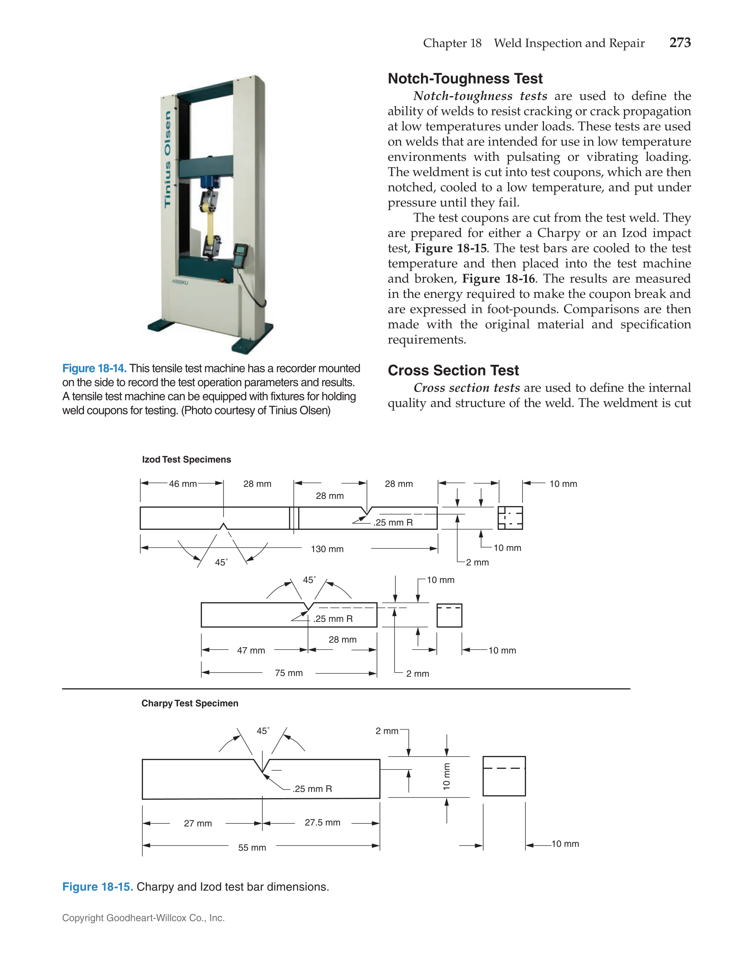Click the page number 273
click(x=680, y=42)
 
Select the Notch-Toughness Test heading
click(x=465, y=79)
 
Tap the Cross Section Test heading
click(x=453, y=370)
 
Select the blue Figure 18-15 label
click(x=97, y=887)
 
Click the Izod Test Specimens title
click(x=186, y=460)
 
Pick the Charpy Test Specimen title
click(x=190, y=703)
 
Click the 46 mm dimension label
click(x=183, y=484)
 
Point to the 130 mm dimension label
click(x=327, y=549)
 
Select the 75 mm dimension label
click(x=289, y=673)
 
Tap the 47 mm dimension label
click(x=251, y=650)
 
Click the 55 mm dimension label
click(x=252, y=847)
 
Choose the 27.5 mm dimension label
click(x=322, y=822)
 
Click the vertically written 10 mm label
click(x=446, y=776)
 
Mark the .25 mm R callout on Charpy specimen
click(x=312, y=789)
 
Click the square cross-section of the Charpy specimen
click(x=504, y=776)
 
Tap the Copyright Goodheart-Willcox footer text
click(x=143, y=918)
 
